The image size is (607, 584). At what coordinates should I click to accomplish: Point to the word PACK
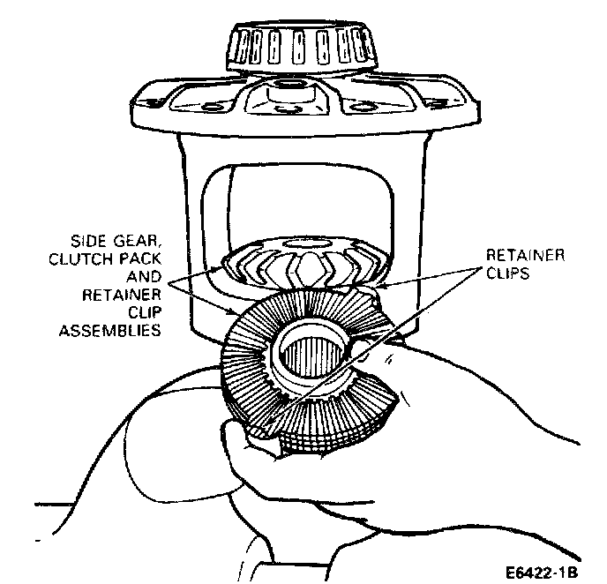(x=145, y=257)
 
